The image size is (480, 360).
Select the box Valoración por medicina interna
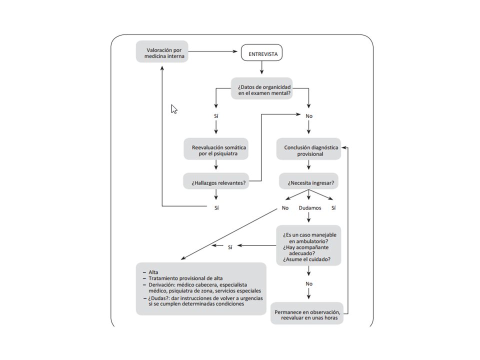point(162,51)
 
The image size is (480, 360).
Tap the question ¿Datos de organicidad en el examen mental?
point(261,88)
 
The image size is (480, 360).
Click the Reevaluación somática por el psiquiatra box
point(216,149)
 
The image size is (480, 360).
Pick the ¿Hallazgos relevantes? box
point(216,181)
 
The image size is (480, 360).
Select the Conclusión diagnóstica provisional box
point(308,149)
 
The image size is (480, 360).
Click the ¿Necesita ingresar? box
point(308,181)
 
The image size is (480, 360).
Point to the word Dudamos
point(310,208)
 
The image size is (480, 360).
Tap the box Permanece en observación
point(307,313)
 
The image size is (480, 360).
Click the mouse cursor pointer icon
point(174,109)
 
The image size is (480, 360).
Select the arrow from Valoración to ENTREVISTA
point(213,51)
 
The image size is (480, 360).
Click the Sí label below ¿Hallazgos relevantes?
point(216,208)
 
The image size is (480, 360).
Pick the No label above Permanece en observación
point(309,284)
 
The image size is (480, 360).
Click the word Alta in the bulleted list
point(153,272)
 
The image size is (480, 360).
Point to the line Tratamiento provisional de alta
point(185,278)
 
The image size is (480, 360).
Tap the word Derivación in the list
point(162,284)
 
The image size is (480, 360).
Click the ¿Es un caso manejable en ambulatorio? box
point(308,245)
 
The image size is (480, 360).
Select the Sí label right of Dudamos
point(333,208)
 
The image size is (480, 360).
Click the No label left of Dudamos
point(285,208)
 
